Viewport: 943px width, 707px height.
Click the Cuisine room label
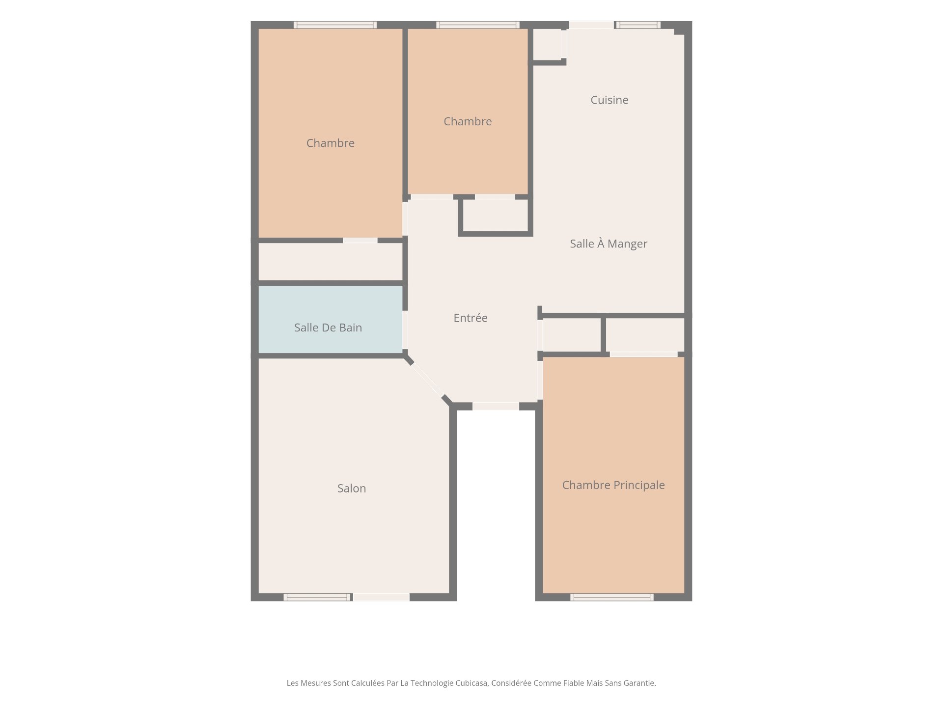(x=610, y=100)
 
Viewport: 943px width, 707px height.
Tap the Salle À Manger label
(x=609, y=244)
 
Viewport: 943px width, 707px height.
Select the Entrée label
(x=471, y=318)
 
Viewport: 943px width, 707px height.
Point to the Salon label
(x=352, y=489)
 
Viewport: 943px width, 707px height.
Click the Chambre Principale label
(x=613, y=485)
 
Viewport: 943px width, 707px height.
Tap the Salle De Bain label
(x=328, y=327)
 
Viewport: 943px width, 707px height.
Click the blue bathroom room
(x=331, y=320)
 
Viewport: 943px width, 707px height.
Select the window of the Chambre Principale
(x=612, y=597)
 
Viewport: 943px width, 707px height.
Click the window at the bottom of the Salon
(x=318, y=597)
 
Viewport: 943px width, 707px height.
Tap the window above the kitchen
(x=637, y=25)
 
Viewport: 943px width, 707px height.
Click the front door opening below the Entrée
(x=496, y=407)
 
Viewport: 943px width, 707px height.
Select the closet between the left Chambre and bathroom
(x=331, y=262)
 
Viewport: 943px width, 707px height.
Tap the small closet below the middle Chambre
(x=496, y=215)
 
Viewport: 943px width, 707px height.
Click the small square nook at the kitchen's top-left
(x=547, y=44)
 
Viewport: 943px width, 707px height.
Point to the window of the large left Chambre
(x=335, y=25)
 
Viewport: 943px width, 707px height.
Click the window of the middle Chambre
(x=478, y=25)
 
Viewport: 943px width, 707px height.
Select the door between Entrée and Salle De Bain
(x=405, y=329)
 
